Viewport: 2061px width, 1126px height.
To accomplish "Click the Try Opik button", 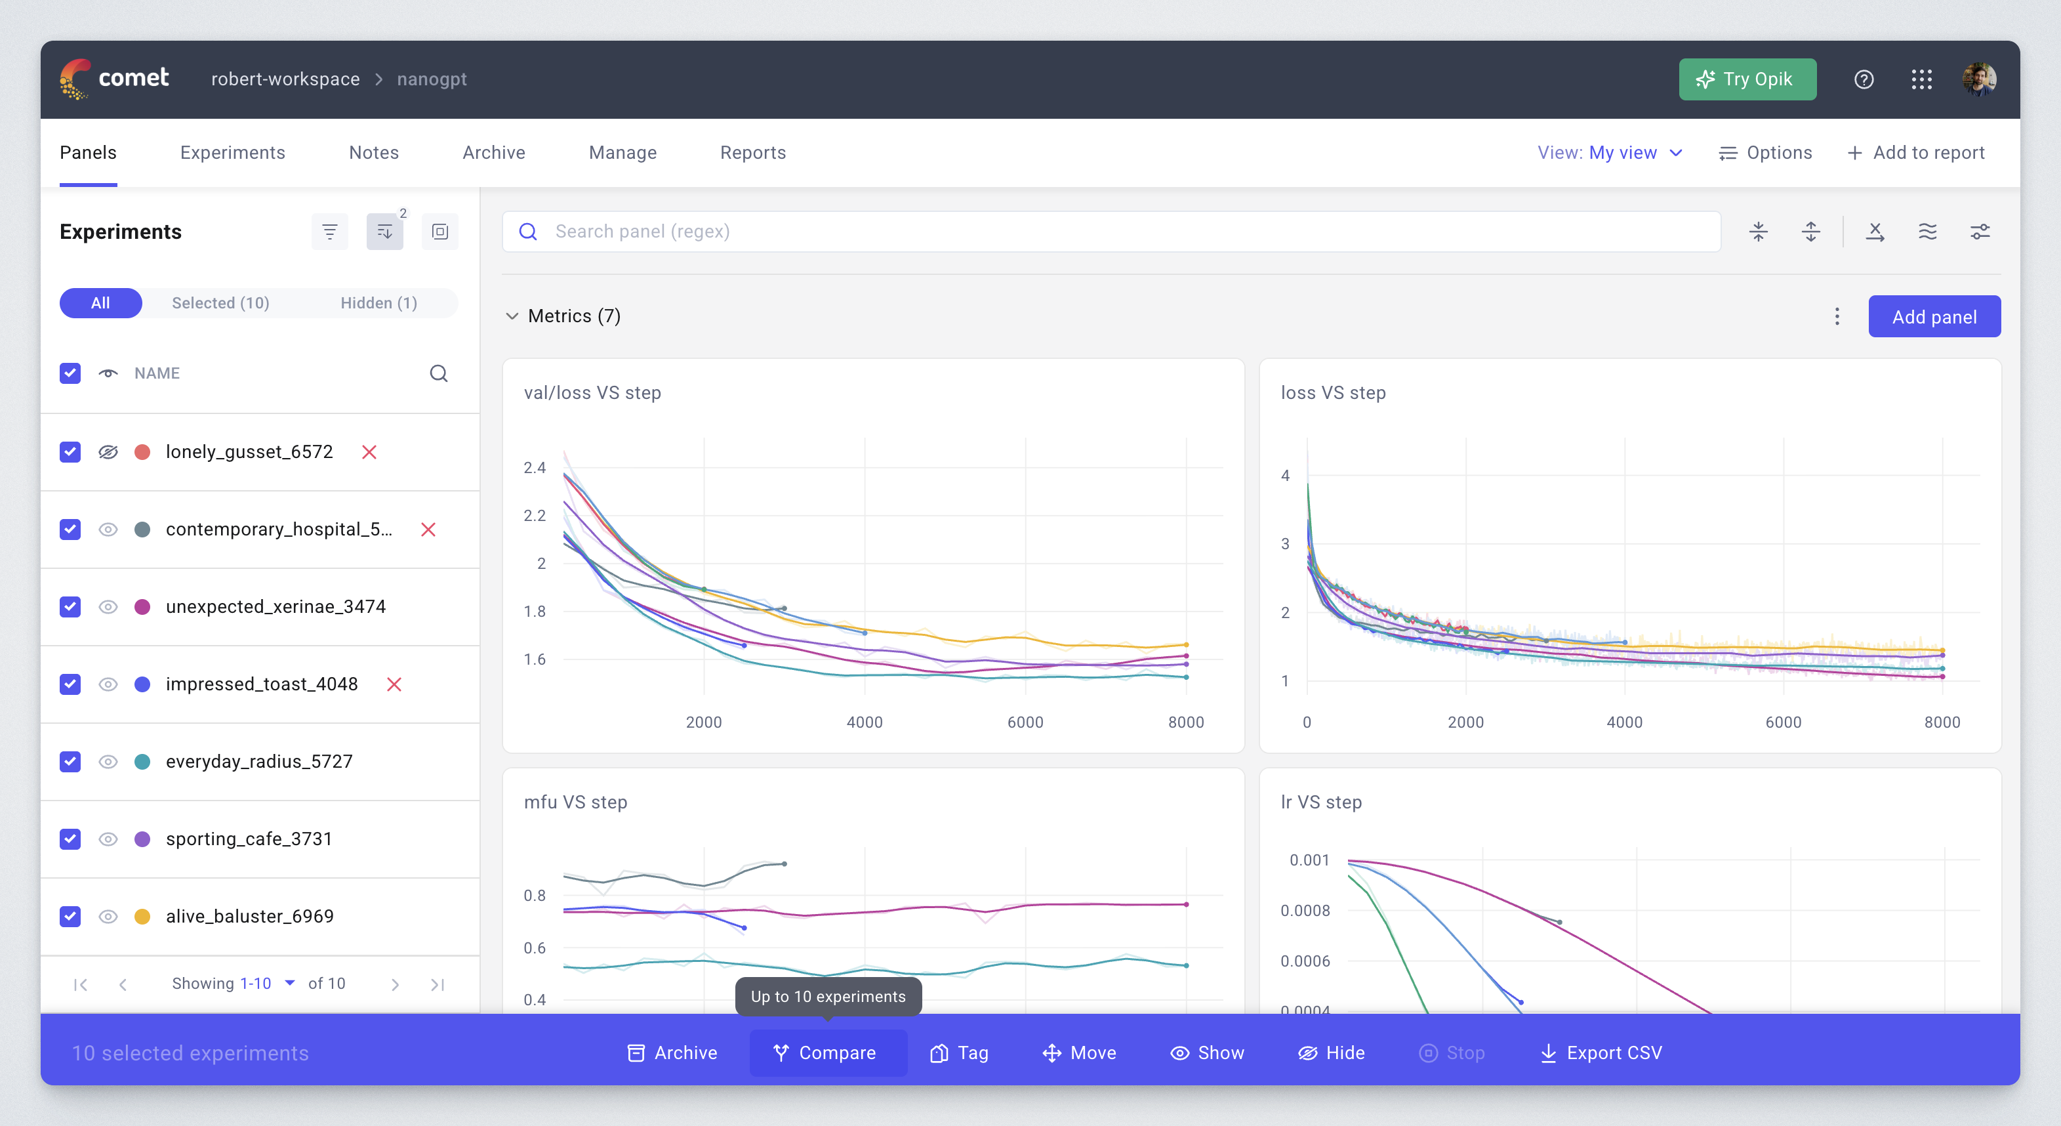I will tap(1747, 79).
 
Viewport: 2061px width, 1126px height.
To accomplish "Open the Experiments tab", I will tap(232, 153).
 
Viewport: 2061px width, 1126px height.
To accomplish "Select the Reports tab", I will tap(752, 153).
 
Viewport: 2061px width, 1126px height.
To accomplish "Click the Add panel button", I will tap(1933, 317).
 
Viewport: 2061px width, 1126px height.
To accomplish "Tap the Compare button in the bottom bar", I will tap(826, 1053).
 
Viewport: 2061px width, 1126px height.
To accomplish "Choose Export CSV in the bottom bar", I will tap(1601, 1053).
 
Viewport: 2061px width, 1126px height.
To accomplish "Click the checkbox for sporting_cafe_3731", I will tap(70, 839).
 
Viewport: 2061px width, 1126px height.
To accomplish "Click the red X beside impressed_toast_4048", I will tap(394, 684).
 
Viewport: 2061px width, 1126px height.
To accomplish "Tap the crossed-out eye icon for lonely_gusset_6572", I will tap(108, 452).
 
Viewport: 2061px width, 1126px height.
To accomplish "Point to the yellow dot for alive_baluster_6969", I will tap(142, 916).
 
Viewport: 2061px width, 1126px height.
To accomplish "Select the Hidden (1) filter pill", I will tap(378, 303).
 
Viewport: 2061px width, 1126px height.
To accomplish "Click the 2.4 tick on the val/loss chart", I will tap(535, 467).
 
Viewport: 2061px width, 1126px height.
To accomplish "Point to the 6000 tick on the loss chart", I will tap(1783, 722).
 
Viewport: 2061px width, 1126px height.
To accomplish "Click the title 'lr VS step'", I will tap(1320, 802).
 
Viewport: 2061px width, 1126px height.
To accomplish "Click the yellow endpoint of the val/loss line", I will tap(1186, 644).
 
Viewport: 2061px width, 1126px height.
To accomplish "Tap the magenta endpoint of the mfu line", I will tap(1186, 904).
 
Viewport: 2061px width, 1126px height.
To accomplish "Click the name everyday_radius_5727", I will tap(258, 761).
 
